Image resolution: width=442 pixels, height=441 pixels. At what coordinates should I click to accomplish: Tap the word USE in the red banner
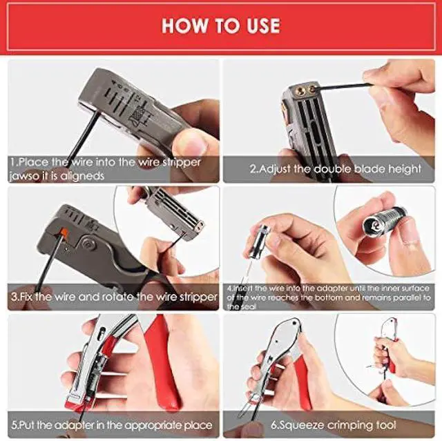[260, 26]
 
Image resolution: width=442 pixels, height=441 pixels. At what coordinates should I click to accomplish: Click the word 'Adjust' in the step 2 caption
[275, 168]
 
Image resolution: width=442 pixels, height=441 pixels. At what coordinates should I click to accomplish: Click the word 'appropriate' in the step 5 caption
[148, 424]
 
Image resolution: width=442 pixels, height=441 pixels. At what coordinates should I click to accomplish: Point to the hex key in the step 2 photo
[345, 86]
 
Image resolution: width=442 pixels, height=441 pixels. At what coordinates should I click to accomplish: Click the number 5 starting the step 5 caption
[13, 424]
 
